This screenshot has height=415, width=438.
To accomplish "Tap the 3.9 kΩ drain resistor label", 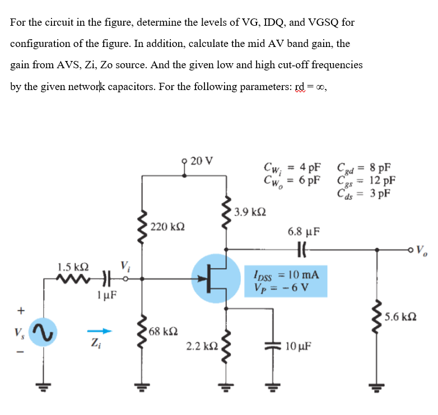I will tap(250, 212).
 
